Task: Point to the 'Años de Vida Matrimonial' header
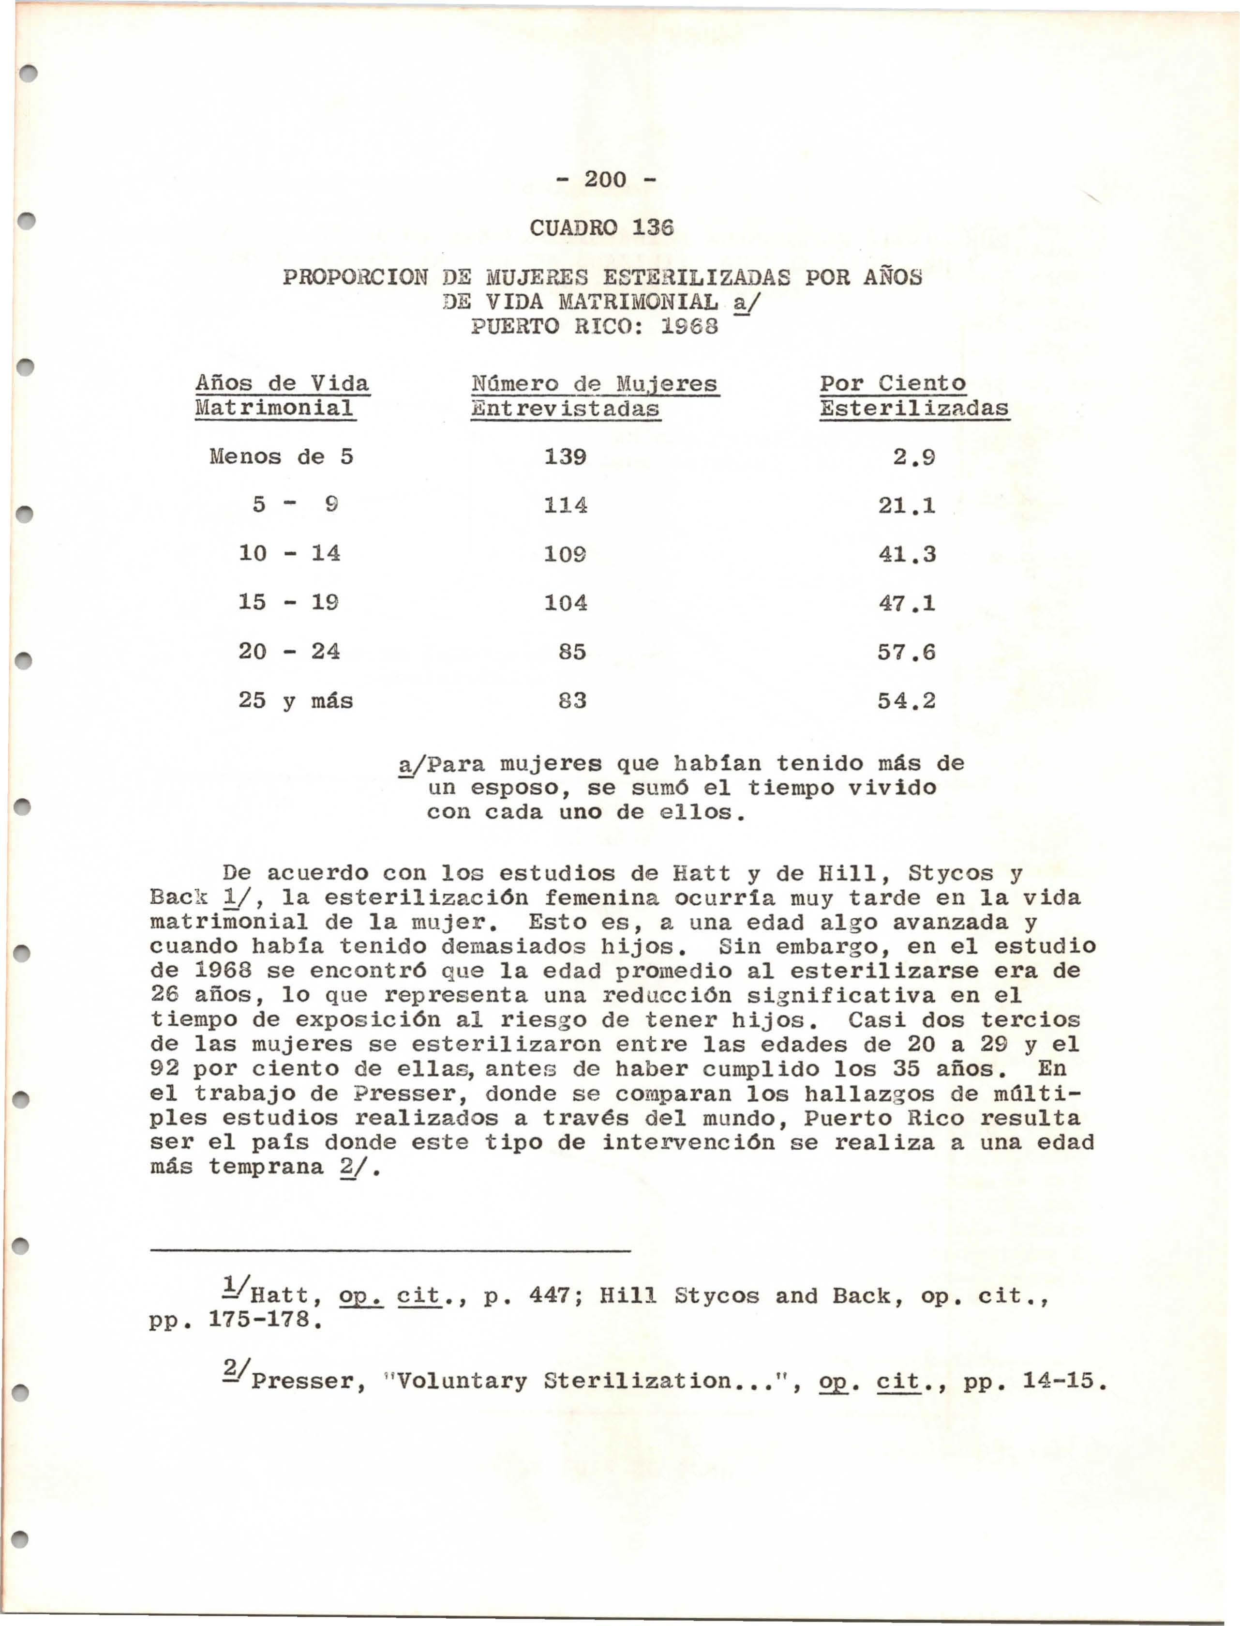[282, 396]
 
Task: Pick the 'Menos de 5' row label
[281, 456]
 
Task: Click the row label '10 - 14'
[289, 553]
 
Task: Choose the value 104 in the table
[566, 603]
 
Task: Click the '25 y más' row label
[295, 700]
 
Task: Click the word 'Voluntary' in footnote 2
[461, 1381]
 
